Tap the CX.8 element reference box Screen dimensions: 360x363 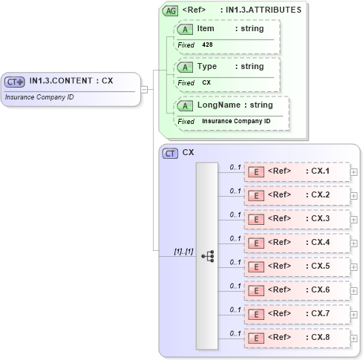297,337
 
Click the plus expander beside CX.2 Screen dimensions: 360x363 354,197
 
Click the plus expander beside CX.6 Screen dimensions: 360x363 354,291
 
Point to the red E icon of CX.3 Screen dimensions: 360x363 255,220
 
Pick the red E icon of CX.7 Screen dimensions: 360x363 255,314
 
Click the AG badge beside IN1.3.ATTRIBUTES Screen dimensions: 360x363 170,10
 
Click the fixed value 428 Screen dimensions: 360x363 208,45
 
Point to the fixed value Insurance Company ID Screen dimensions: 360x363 236,121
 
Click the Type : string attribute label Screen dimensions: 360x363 230,67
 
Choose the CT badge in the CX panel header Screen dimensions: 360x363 170,153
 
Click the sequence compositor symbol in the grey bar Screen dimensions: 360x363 207,255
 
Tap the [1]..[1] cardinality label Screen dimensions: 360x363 183,252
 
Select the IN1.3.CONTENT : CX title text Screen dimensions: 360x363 71,81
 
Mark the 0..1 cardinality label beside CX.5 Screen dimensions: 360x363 235,262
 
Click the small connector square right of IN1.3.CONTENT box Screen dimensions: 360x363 144,89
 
